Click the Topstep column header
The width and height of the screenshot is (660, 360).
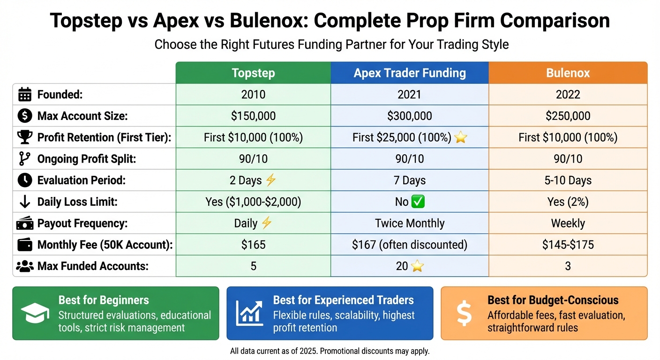tap(253, 73)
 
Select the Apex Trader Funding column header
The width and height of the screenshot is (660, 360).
tap(410, 73)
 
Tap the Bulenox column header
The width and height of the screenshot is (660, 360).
tap(568, 73)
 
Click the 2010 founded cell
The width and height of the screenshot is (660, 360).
tap(253, 95)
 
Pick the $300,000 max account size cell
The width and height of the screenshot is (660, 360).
tap(410, 116)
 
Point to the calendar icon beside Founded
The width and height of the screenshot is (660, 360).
tap(24, 95)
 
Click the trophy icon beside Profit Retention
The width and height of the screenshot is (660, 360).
tap(24, 137)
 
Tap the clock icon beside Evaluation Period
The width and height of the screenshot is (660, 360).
tap(24, 180)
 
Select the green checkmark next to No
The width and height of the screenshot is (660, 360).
tap(417, 202)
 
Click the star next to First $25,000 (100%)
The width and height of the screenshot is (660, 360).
tap(461, 138)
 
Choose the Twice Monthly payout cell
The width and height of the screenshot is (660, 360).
tap(410, 224)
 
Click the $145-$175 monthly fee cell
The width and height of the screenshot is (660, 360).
tap(568, 245)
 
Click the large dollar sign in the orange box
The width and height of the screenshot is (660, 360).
tap(464, 314)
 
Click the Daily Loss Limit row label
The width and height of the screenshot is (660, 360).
tap(77, 202)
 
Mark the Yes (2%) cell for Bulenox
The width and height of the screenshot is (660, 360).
tap(568, 202)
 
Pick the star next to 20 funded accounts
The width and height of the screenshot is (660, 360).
tap(417, 267)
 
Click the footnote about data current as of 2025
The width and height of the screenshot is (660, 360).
tap(330, 351)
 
